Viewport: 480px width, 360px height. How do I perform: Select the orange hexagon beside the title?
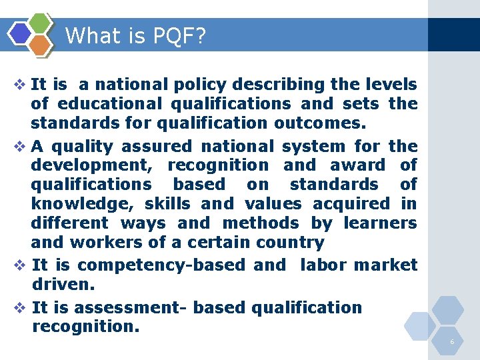41,45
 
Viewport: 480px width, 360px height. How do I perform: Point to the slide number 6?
452,342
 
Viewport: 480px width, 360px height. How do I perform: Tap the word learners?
385,223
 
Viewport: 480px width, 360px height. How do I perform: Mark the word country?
293,242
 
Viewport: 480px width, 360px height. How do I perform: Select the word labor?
323,265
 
